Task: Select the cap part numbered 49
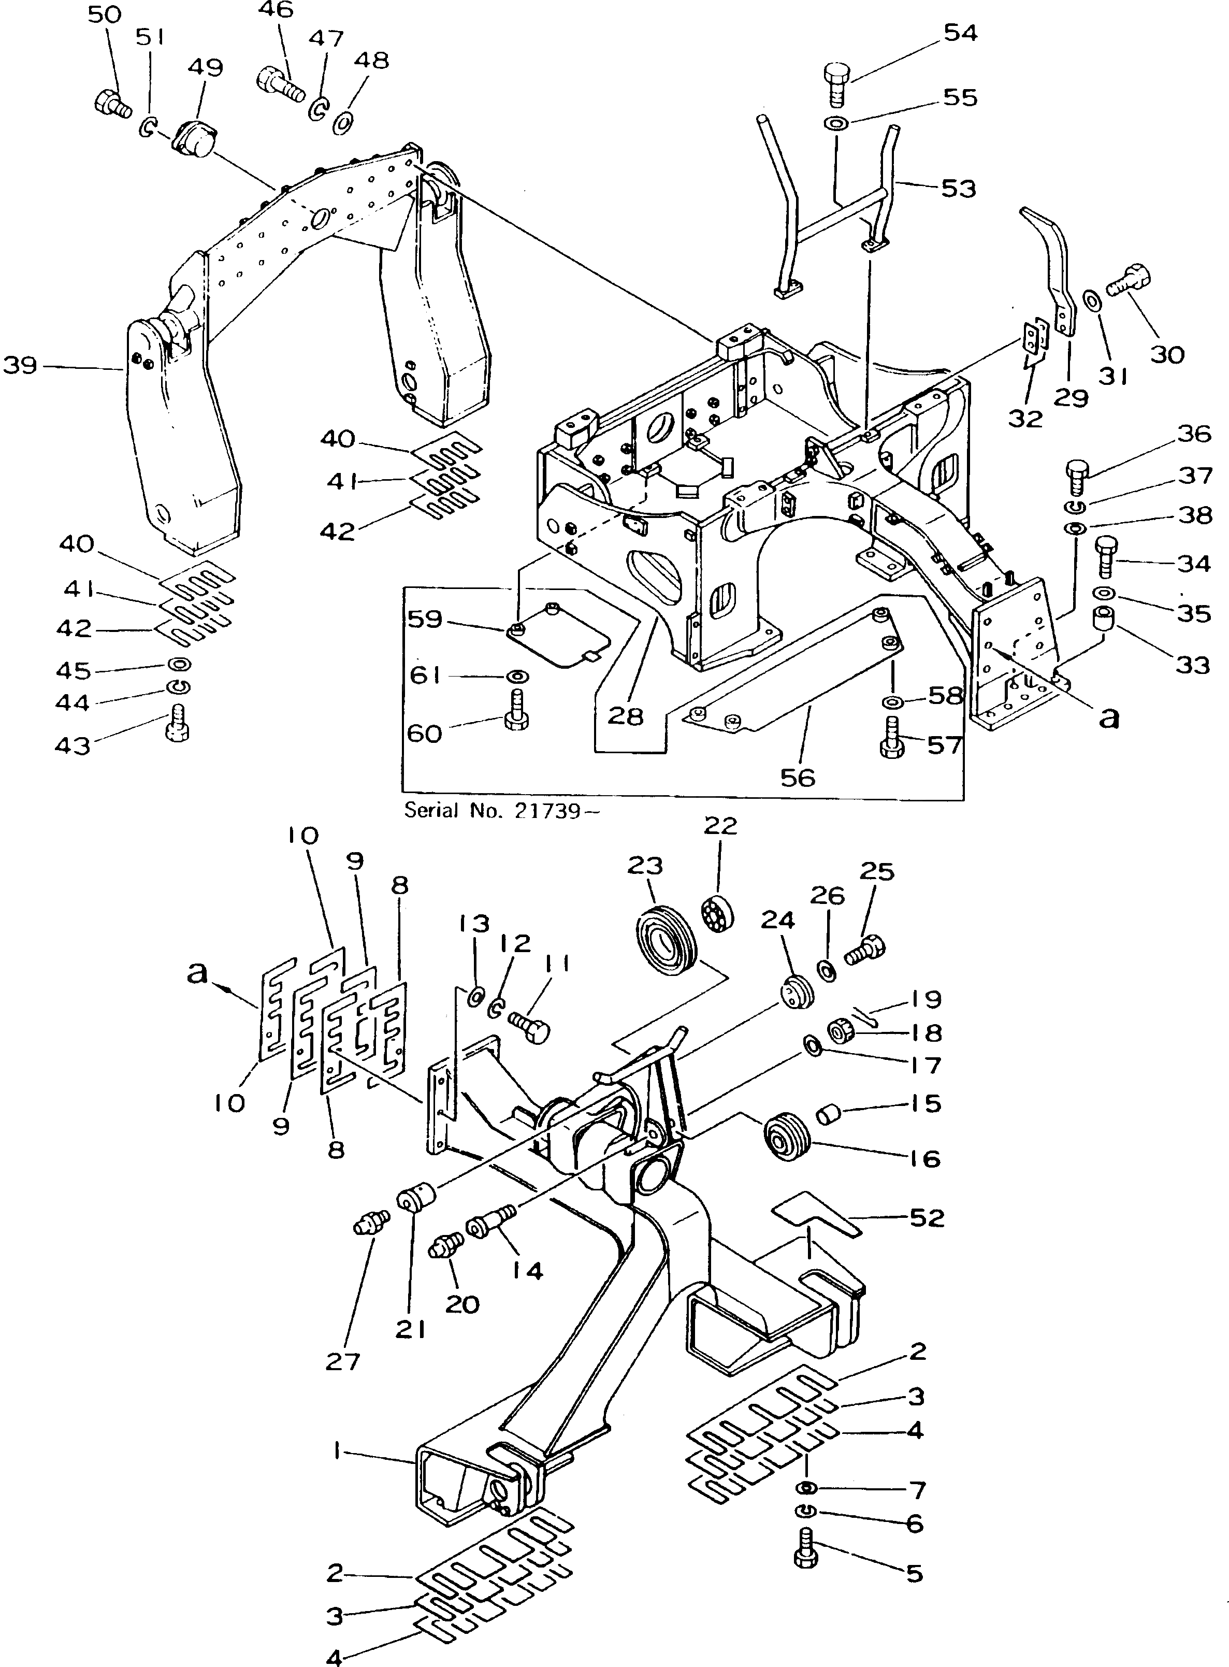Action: [191, 140]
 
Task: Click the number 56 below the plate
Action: [798, 777]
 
